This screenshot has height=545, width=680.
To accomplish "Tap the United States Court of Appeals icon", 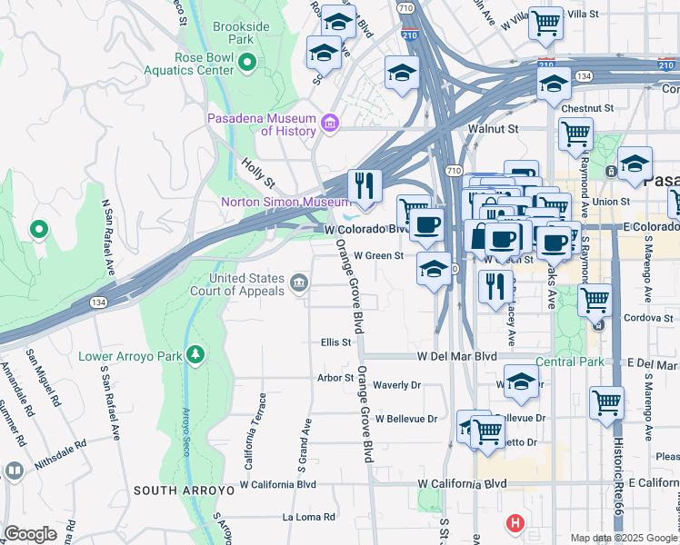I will [298, 285].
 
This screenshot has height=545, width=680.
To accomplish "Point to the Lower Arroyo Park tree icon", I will [194, 354].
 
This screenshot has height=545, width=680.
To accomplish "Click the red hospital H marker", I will [515, 523].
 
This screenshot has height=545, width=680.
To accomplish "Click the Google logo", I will [30, 534].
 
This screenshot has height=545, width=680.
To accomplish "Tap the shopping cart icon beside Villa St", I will [546, 23].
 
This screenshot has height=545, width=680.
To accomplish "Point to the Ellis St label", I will [335, 342].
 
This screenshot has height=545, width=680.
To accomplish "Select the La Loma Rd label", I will [309, 517].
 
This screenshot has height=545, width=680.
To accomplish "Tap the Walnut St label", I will [493, 129].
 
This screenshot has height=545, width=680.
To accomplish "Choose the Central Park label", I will [569, 362].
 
